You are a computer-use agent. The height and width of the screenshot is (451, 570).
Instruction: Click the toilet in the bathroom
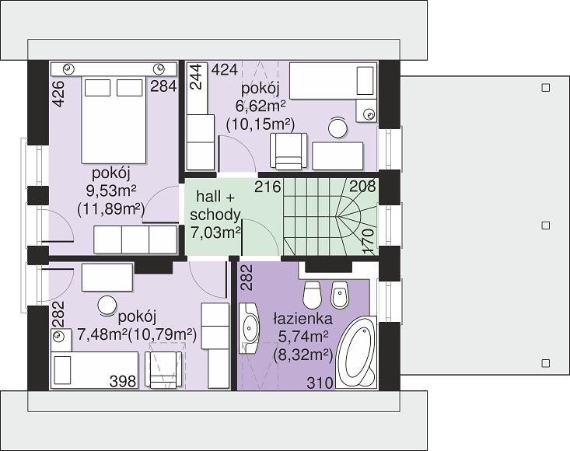point(313,294)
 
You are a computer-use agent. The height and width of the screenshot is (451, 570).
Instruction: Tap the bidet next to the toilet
point(340,294)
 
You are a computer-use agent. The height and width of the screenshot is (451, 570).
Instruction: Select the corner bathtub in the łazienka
point(356,351)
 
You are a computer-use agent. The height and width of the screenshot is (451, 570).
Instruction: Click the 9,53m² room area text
point(111,190)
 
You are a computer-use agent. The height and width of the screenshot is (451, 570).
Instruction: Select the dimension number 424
point(225,69)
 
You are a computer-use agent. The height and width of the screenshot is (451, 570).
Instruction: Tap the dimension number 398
point(123,381)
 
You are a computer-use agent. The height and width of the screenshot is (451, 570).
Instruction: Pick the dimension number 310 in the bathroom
point(320,383)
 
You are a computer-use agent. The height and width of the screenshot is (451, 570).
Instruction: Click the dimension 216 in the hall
point(268,187)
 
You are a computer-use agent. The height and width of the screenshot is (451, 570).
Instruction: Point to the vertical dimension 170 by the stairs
point(369,241)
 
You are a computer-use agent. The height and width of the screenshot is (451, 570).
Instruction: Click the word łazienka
point(302,319)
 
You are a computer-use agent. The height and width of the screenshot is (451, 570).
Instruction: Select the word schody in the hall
point(215,215)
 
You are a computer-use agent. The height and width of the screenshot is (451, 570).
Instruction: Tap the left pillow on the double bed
point(98,88)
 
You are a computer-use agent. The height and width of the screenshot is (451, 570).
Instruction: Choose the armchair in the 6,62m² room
point(288,151)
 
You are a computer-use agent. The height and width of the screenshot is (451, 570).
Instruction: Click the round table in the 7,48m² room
point(107,306)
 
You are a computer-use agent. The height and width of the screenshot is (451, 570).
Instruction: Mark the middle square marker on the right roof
point(546,226)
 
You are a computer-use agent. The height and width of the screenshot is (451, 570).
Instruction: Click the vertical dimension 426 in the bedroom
point(58,93)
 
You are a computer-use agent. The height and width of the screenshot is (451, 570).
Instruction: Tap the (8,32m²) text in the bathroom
point(302,354)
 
